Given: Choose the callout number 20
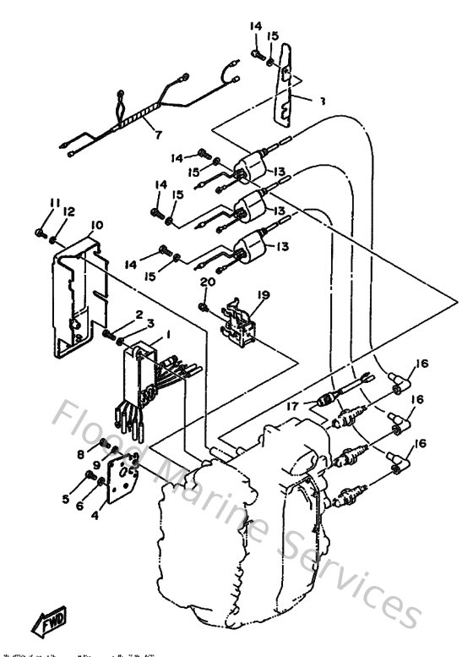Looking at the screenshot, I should point(204,283).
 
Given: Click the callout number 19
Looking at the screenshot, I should point(262,295).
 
